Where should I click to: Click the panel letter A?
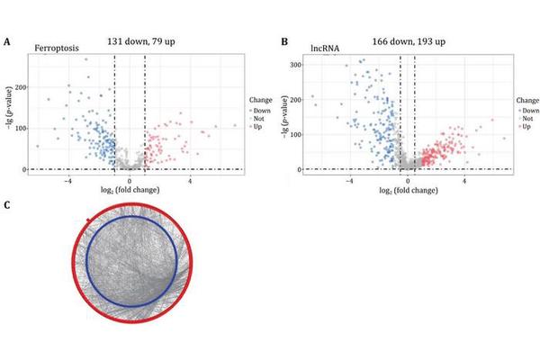tap(7, 42)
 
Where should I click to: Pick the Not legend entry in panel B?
tap(527, 118)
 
